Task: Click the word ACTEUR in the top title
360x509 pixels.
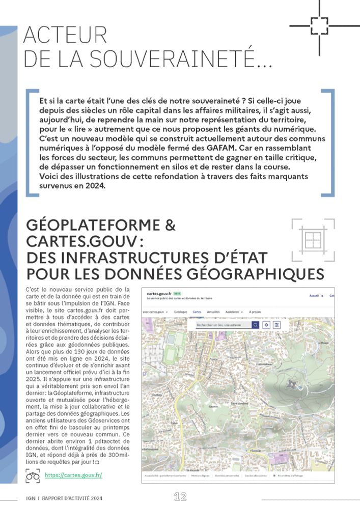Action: coord(65,35)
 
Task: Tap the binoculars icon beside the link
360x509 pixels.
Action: coord(33,476)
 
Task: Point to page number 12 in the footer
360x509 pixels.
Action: coord(180,497)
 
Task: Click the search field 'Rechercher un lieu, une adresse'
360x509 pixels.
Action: coord(224,325)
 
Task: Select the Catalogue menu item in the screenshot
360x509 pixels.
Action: coord(180,312)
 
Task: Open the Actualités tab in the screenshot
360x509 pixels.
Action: coord(213,312)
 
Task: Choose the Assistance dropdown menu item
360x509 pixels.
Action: coord(234,312)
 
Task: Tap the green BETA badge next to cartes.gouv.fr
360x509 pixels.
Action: coord(177,294)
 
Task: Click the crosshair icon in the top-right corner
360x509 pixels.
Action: coord(319,25)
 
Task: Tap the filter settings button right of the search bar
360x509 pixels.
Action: coord(277,325)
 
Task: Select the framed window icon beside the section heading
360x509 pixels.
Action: coord(313,239)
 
